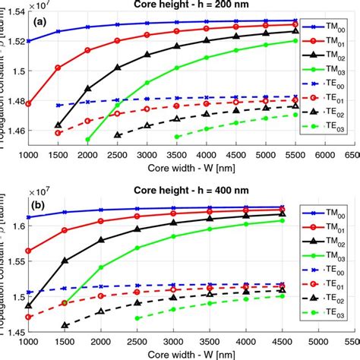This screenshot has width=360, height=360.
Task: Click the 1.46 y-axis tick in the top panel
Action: pyautogui.click(x=14, y=131)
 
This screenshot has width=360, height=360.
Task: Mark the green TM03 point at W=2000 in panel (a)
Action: pyautogui.click(x=87, y=140)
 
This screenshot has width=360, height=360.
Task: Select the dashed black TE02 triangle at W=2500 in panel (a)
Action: pyautogui.click(x=117, y=134)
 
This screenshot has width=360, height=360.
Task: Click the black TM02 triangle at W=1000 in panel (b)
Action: pyautogui.click(x=28, y=305)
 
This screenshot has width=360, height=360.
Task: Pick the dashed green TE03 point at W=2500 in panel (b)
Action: pyautogui.click(x=137, y=317)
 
